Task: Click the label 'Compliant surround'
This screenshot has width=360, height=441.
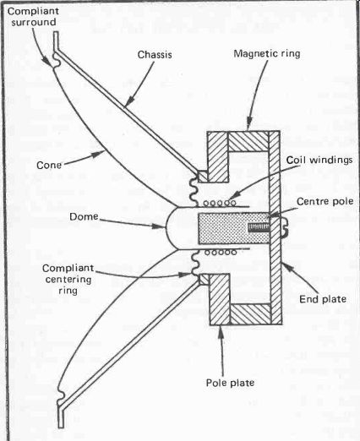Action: click(x=33, y=17)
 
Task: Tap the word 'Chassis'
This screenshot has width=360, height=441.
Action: click(x=155, y=54)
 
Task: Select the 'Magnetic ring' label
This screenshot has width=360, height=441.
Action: click(x=267, y=53)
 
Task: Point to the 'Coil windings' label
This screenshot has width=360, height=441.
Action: click(x=319, y=160)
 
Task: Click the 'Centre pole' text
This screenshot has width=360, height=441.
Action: click(x=325, y=201)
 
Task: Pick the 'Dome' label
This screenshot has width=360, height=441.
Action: click(x=84, y=216)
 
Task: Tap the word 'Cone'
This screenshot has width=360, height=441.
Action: click(x=49, y=165)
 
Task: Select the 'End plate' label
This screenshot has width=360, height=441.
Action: click(x=323, y=299)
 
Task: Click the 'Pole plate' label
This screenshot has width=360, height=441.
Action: click(x=230, y=383)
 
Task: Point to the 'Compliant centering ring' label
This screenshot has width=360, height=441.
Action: click(x=68, y=279)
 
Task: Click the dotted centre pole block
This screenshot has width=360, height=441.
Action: click(x=234, y=228)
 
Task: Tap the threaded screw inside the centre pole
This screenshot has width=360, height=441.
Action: click(x=259, y=227)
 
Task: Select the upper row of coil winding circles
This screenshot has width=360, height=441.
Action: click(x=220, y=203)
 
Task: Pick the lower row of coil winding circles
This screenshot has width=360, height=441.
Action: click(x=220, y=253)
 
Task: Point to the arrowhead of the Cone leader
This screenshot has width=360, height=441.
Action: click(x=100, y=154)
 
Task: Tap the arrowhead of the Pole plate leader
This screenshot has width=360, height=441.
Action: click(x=221, y=330)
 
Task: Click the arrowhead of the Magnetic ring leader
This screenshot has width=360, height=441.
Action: click(x=248, y=126)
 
